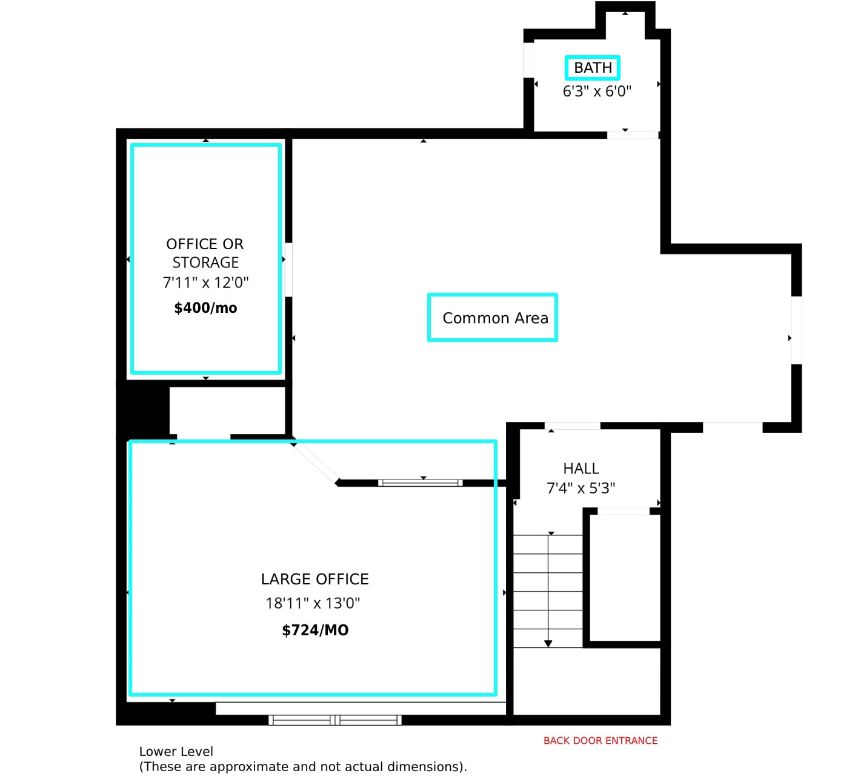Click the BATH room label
coord(593,68)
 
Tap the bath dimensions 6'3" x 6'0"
coord(597,92)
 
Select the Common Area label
coord(495,318)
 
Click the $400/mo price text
coord(205,308)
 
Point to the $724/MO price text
coord(315,630)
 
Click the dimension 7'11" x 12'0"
coord(205,282)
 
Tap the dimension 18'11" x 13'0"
coord(313,603)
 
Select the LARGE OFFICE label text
coord(315,580)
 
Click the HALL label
coord(581,469)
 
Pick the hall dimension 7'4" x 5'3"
coord(581,489)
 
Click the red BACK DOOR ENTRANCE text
coord(600,741)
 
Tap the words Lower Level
coord(176,752)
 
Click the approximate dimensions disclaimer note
coord(303,767)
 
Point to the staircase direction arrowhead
coord(548,644)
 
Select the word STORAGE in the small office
coord(205,263)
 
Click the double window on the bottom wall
coord(334,720)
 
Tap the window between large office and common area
coord(421,483)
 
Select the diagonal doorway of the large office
coord(315,463)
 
